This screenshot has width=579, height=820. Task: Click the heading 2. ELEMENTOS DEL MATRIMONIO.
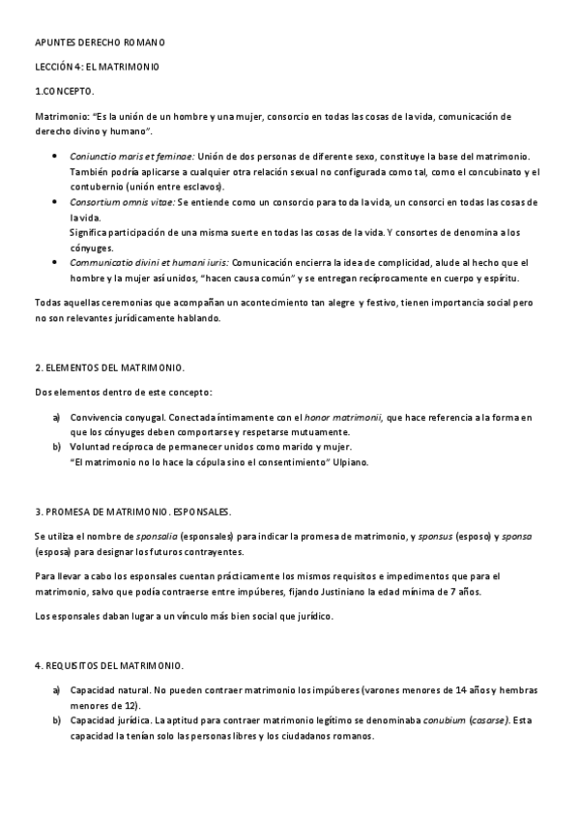click(x=109, y=368)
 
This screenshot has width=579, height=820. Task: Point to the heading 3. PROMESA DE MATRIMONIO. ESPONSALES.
click(x=133, y=511)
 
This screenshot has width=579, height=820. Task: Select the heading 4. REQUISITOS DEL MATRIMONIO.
click(x=109, y=666)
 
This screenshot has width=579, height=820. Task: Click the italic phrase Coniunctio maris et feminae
click(x=132, y=155)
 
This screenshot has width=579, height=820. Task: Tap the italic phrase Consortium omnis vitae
click(x=122, y=201)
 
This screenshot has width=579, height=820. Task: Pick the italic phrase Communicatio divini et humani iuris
click(x=150, y=263)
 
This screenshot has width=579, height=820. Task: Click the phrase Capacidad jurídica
click(x=109, y=720)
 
